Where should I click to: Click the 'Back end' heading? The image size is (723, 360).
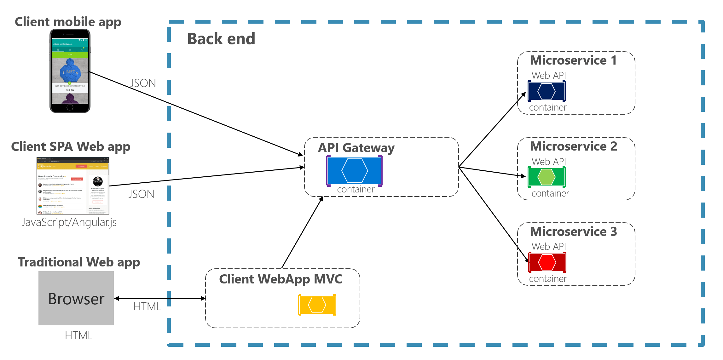(221, 39)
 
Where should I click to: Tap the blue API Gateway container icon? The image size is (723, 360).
(354, 170)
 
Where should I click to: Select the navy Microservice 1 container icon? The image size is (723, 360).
(547, 91)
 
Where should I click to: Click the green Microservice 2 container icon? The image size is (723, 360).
(547, 177)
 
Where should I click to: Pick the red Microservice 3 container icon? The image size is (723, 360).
(547, 262)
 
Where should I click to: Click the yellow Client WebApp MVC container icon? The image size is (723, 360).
(317, 305)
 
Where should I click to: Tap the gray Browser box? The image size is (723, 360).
(76, 298)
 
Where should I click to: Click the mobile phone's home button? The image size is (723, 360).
(70, 107)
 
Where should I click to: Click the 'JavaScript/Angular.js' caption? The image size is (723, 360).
(69, 222)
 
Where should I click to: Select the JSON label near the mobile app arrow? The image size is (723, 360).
(143, 83)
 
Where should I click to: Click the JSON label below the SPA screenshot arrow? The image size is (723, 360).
(141, 194)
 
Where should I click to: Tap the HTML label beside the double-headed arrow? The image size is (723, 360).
(147, 306)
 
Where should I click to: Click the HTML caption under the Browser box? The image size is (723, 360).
(78, 335)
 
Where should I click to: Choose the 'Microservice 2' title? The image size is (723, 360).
(573, 146)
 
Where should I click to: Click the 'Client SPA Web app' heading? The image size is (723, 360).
(71, 147)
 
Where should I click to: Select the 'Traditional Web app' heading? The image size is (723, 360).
(79, 262)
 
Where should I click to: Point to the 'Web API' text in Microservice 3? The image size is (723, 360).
(548, 247)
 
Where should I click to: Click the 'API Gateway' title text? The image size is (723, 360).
(356, 148)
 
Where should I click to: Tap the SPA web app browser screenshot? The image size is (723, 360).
(73, 186)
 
